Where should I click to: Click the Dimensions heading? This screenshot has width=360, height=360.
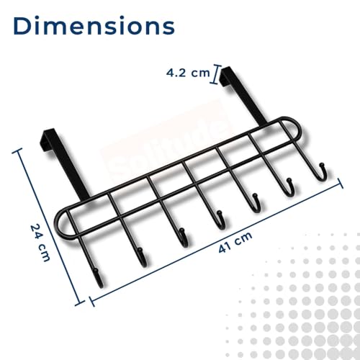(x=94, y=26)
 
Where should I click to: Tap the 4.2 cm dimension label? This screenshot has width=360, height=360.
(x=188, y=73)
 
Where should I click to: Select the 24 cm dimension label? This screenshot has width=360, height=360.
(x=40, y=243)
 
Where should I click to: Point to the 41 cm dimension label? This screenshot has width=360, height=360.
(x=235, y=242)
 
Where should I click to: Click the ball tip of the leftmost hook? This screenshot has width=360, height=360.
(x=96, y=271)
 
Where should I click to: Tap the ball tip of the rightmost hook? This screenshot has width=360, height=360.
(x=322, y=165)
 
